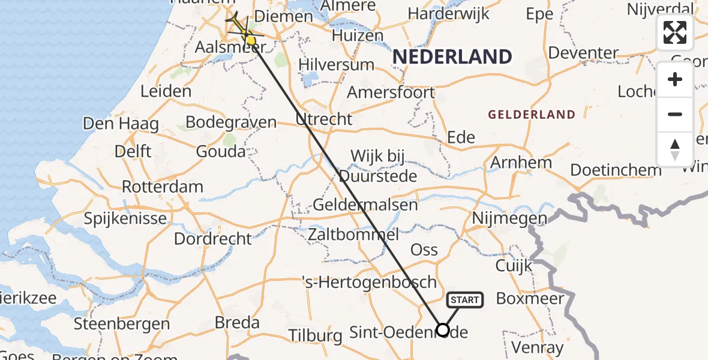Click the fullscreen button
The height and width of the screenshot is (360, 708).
click(x=675, y=32)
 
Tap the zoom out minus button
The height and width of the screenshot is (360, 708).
click(x=675, y=114)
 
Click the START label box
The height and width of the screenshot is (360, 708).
click(x=464, y=300)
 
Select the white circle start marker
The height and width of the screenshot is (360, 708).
click(x=443, y=330)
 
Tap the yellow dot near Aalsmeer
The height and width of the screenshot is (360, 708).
click(x=251, y=41)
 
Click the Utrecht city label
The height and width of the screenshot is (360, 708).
click(x=324, y=119)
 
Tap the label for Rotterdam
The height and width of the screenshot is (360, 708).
click(x=163, y=187)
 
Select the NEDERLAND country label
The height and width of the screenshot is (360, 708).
click(x=452, y=57)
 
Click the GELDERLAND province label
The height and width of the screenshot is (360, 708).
click(x=532, y=115)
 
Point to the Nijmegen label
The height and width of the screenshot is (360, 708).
click(x=510, y=218)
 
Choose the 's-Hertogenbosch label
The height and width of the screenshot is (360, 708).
click(x=369, y=282)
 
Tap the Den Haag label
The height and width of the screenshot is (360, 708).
click(x=121, y=124)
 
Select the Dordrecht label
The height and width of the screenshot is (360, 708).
click(x=213, y=239)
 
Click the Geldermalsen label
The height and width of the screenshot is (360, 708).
click(x=365, y=205)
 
